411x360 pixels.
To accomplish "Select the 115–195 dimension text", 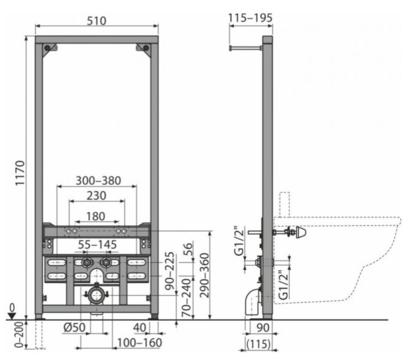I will (250, 18).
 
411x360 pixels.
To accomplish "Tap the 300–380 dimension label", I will (97, 180).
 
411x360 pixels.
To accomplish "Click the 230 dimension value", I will (97, 197).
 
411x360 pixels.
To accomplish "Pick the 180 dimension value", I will (96, 216).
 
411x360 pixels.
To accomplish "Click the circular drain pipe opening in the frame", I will (97, 295).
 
